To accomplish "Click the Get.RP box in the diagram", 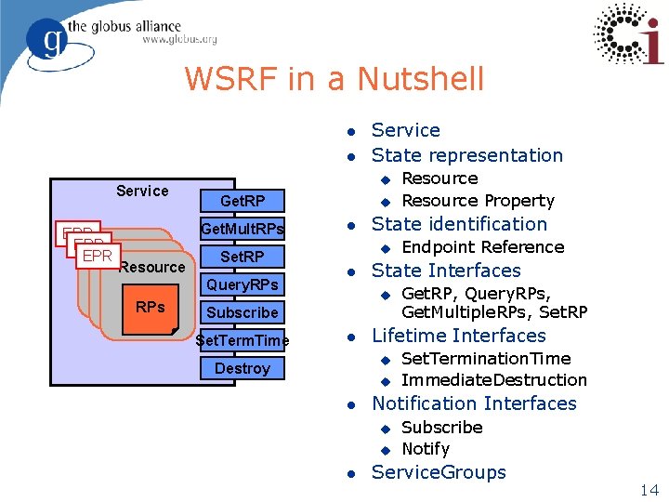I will point(243,201).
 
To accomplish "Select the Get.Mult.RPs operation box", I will point(243,229).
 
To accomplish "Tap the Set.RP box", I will point(243,257).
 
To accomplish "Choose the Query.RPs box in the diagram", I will point(243,284).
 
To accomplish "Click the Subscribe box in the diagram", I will point(243,312).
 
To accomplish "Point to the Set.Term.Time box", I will point(243,340).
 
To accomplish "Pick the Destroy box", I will point(243,368).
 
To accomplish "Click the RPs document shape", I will point(151,308).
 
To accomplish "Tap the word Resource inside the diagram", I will point(152,268).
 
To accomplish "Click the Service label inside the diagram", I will point(142,191).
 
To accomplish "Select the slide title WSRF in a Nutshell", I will point(334,79).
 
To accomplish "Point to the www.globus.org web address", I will point(179,39).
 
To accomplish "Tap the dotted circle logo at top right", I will point(628,34).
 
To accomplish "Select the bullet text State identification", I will point(459,224).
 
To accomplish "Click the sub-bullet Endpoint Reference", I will point(482,247).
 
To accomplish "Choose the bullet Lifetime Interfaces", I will point(458,336).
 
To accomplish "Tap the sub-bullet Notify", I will point(426,448).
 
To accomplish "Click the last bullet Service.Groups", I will point(439,472).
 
